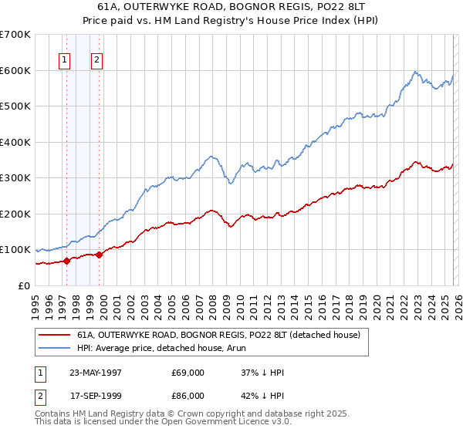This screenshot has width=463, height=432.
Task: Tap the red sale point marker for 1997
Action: [67, 261]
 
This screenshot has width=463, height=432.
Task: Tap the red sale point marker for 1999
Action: [100, 255]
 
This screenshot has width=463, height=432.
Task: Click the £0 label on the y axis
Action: [23, 285]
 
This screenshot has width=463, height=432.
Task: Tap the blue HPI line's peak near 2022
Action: [415, 72]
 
